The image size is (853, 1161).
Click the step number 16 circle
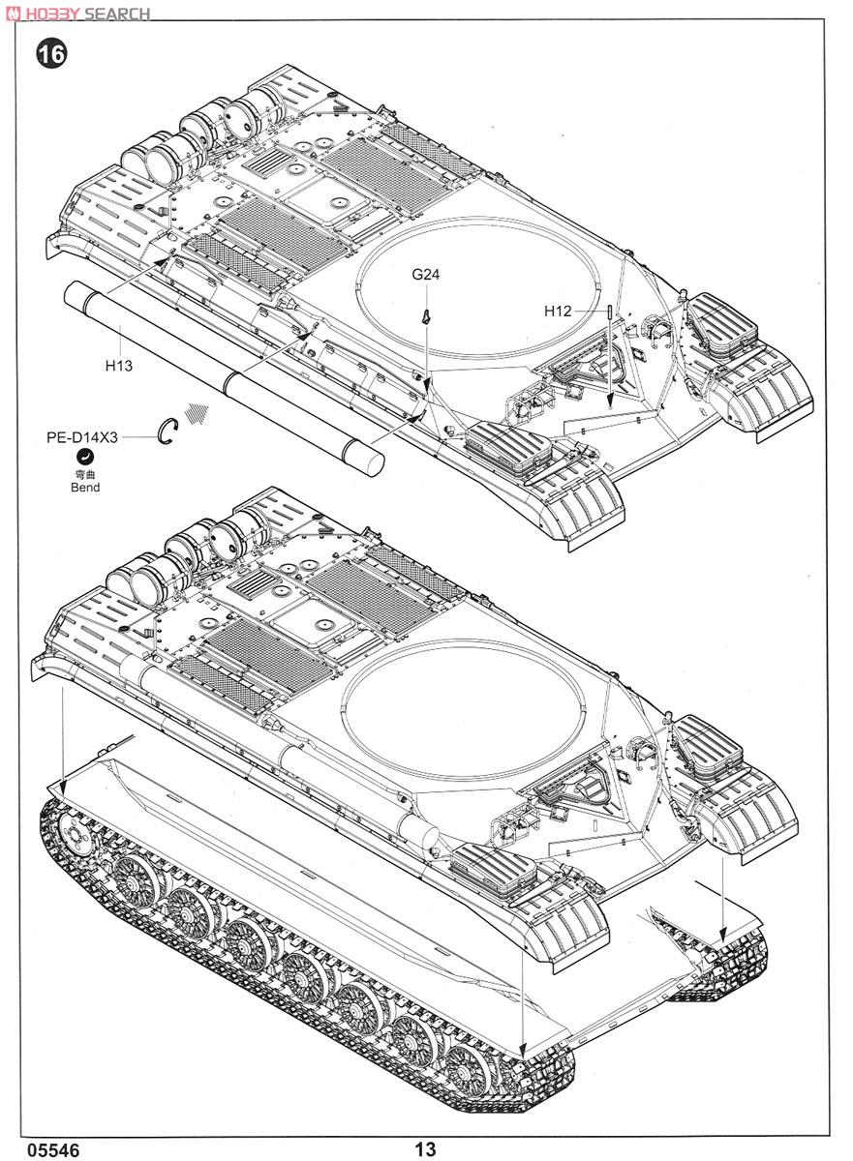pyautogui.click(x=51, y=54)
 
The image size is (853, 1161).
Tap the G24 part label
pyautogui.click(x=425, y=274)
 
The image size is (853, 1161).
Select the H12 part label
pyautogui.click(x=558, y=311)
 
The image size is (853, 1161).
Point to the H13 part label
pyautogui.click(x=119, y=366)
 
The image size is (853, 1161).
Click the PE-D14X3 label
pyautogui.click(x=82, y=437)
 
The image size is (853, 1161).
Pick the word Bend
pyautogui.click(x=85, y=488)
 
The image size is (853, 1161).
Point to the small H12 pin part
pyautogui.click(x=610, y=313)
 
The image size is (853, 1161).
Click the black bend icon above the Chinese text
pyautogui.click(x=84, y=457)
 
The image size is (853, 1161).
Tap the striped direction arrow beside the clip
pyautogui.click(x=197, y=414)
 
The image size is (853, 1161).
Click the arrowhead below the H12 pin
pyautogui.click(x=610, y=401)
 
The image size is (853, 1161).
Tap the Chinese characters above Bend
pyautogui.click(x=85, y=474)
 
